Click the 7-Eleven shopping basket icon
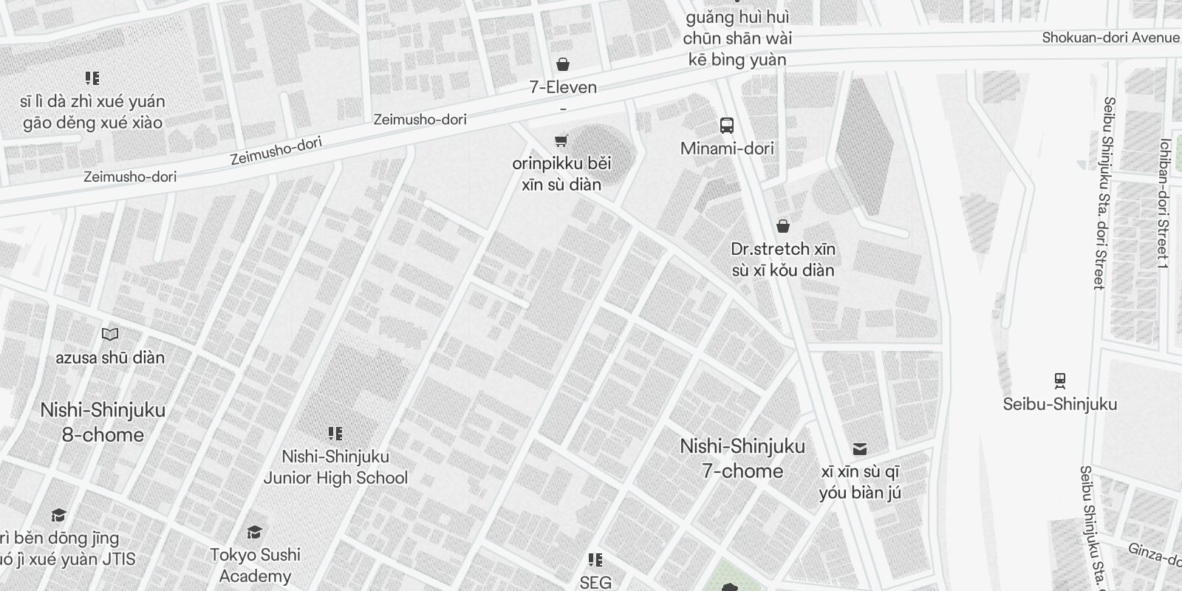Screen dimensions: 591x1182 point(563,64)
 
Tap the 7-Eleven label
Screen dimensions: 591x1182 point(563,87)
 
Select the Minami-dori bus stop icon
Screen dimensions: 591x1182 point(727,126)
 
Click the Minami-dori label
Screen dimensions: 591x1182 point(727,148)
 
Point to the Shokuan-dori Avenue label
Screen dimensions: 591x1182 point(1110,38)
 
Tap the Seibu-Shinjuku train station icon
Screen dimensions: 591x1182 point(1060,381)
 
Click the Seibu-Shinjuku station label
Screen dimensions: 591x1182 point(1060,404)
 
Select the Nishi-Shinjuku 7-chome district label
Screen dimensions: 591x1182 point(742,459)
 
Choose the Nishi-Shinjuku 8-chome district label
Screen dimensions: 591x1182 point(103,423)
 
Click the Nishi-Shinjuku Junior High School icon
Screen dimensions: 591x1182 point(335,434)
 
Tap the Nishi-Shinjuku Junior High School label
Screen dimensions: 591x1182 point(335,467)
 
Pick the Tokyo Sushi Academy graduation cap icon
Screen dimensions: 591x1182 point(255,532)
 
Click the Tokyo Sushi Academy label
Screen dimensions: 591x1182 point(255,565)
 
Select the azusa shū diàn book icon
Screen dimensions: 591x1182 point(110,335)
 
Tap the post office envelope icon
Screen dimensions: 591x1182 point(860,449)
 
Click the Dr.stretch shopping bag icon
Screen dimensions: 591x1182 point(783,226)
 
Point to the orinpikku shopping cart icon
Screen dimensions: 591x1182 point(561,140)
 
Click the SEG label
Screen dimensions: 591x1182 point(595,582)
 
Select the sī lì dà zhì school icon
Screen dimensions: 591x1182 point(92,78)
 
